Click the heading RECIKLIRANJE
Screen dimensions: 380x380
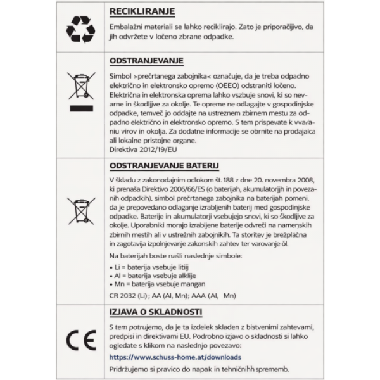[x=142, y=13]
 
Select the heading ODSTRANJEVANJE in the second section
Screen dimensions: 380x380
[x=146, y=61]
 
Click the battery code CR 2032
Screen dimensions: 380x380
[x=126, y=295]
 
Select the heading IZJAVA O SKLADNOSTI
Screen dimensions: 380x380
[x=156, y=312]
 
